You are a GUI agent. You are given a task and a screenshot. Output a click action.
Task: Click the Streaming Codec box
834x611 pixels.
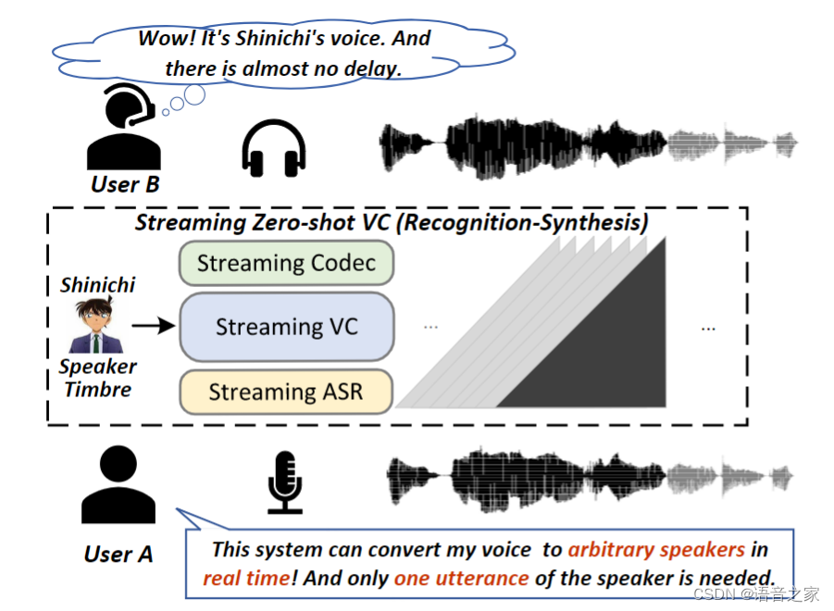[x=286, y=263]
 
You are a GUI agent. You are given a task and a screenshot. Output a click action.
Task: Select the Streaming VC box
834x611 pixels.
[x=286, y=327]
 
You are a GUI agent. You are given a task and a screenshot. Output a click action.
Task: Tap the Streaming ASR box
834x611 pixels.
[x=286, y=392]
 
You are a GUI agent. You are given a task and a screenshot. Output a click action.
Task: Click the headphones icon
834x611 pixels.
[x=273, y=148]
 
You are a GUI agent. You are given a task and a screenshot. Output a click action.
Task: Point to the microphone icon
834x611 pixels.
[x=285, y=481]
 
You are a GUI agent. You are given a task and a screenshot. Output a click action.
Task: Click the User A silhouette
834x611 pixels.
[x=118, y=486]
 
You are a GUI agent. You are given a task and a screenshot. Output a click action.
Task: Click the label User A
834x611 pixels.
[x=118, y=555]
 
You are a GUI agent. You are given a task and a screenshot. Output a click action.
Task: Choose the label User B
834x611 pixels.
[x=125, y=184]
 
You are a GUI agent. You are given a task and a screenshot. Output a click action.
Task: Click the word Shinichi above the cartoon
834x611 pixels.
[x=97, y=285]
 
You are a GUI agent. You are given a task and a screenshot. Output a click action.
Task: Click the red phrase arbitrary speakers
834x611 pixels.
[x=656, y=550]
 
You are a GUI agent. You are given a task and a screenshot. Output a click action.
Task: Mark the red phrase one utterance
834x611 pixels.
[x=461, y=579]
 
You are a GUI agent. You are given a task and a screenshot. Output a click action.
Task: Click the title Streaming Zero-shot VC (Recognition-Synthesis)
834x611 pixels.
[x=392, y=223]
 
